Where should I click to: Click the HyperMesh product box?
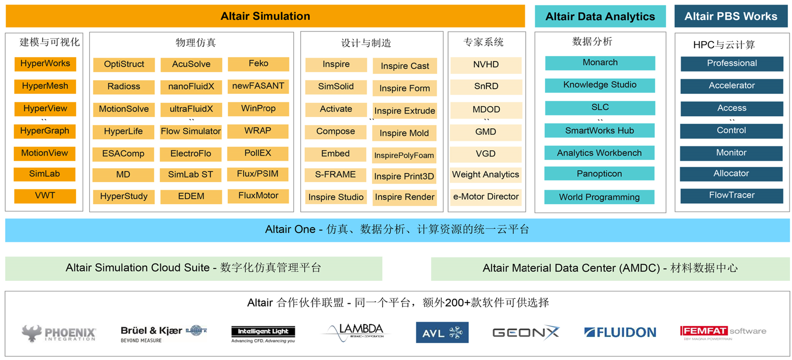pos(45,86)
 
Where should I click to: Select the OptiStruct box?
pos(124,64)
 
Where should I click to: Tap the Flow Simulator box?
pos(191,132)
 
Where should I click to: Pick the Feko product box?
pos(258,64)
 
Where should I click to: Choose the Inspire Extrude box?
pos(404,111)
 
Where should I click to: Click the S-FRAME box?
pos(335,174)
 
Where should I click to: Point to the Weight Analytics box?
pos(486,174)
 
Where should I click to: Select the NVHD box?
pos(486,65)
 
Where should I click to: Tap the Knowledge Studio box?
pos(600,85)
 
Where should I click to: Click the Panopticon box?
pos(599,174)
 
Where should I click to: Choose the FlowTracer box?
pos(731,195)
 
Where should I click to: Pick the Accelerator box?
pos(731,86)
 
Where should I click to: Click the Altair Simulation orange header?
pos(265,16)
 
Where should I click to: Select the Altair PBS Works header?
pos(731,16)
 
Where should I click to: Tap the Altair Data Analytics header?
pos(600,16)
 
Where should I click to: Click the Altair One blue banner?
pos(397,230)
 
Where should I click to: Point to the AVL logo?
pos(442,332)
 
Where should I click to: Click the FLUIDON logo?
pos(620,332)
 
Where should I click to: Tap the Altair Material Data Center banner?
pos(610,268)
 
